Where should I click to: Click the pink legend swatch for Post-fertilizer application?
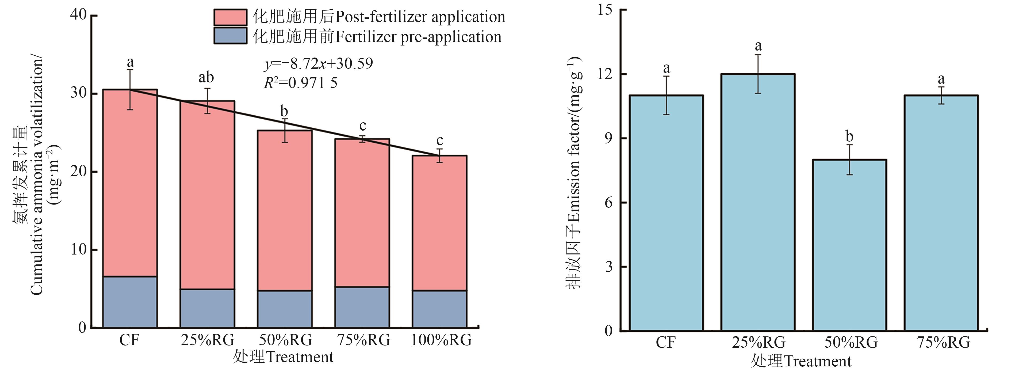[230, 17]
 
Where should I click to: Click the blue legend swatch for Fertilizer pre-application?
[230, 36]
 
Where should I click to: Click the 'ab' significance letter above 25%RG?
[206, 77]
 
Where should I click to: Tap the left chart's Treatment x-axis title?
[283, 357]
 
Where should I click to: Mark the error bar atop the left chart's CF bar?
[130, 90]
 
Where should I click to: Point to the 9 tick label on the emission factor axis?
[608, 138]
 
